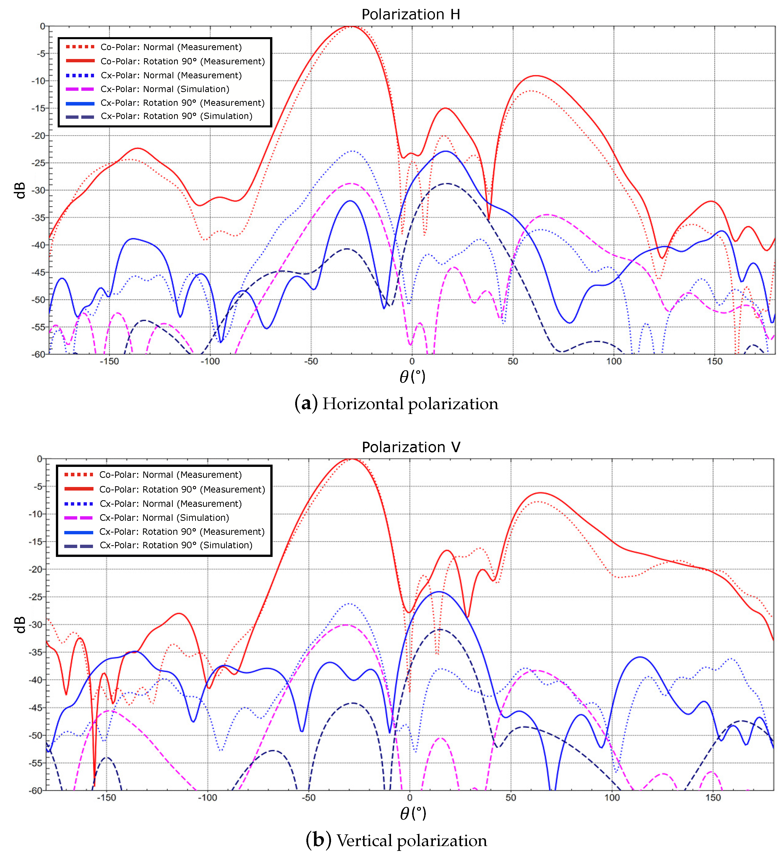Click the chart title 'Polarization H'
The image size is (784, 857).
click(x=411, y=14)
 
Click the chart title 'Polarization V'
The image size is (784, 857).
click(x=411, y=447)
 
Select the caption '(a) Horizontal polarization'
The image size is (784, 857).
click(x=396, y=403)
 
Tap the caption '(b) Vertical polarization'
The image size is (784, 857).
click(x=396, y=840)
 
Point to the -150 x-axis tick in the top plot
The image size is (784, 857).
click(x=109, y=361)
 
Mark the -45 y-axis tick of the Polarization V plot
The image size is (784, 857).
click(x=37, y=708)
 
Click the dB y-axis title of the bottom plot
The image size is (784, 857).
click(x=20, y=625)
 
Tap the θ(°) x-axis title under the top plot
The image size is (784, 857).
click(x=412, y=377)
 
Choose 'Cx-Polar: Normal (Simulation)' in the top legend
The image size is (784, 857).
click(x=165, y=89)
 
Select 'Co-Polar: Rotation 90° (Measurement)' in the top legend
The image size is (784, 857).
click(x=183, y=61)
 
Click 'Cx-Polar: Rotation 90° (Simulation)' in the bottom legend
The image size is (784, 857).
click(x=176, y=545)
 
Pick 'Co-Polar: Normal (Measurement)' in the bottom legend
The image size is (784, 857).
click(x=170, y=475)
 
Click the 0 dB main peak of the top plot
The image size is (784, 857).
click(x=352, y=27)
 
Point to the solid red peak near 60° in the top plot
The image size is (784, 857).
click(x=536, y=76)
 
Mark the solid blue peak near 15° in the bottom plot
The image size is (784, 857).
click(x=438, y=592)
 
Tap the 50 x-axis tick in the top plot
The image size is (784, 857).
click(x=513, y=361)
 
